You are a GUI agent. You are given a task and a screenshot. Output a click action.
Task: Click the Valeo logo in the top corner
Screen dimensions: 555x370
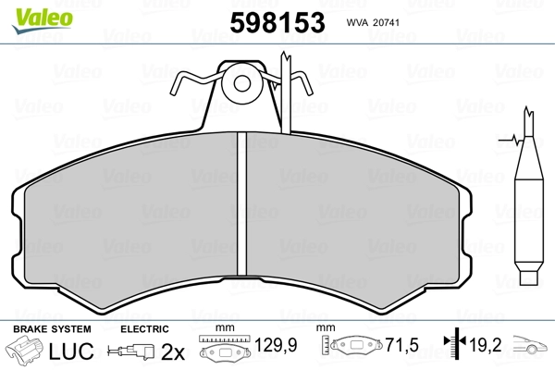click(x=43, y=20)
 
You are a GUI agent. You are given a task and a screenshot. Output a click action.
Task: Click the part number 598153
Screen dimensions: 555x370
click(x=277, y=22)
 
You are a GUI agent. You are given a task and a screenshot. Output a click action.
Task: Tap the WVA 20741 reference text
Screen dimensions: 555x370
click(x=373, y=22)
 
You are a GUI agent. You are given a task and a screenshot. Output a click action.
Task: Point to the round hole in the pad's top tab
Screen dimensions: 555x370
click(x=242, y=84)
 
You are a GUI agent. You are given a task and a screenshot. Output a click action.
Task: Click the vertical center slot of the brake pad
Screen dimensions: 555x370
click(x=241, y=203)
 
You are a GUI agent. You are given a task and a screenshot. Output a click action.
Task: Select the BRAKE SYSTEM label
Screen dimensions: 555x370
click(x=52, y=329)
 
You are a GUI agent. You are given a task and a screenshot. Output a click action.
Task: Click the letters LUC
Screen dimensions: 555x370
click(x=71, y=351)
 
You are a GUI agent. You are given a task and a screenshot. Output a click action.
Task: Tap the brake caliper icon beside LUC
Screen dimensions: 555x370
click(x=24, y=350)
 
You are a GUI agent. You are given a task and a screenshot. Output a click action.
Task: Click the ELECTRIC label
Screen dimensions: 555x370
click(x=144, y=329)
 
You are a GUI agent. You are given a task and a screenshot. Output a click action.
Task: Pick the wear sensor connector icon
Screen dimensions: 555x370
click(x=131, y=351)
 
